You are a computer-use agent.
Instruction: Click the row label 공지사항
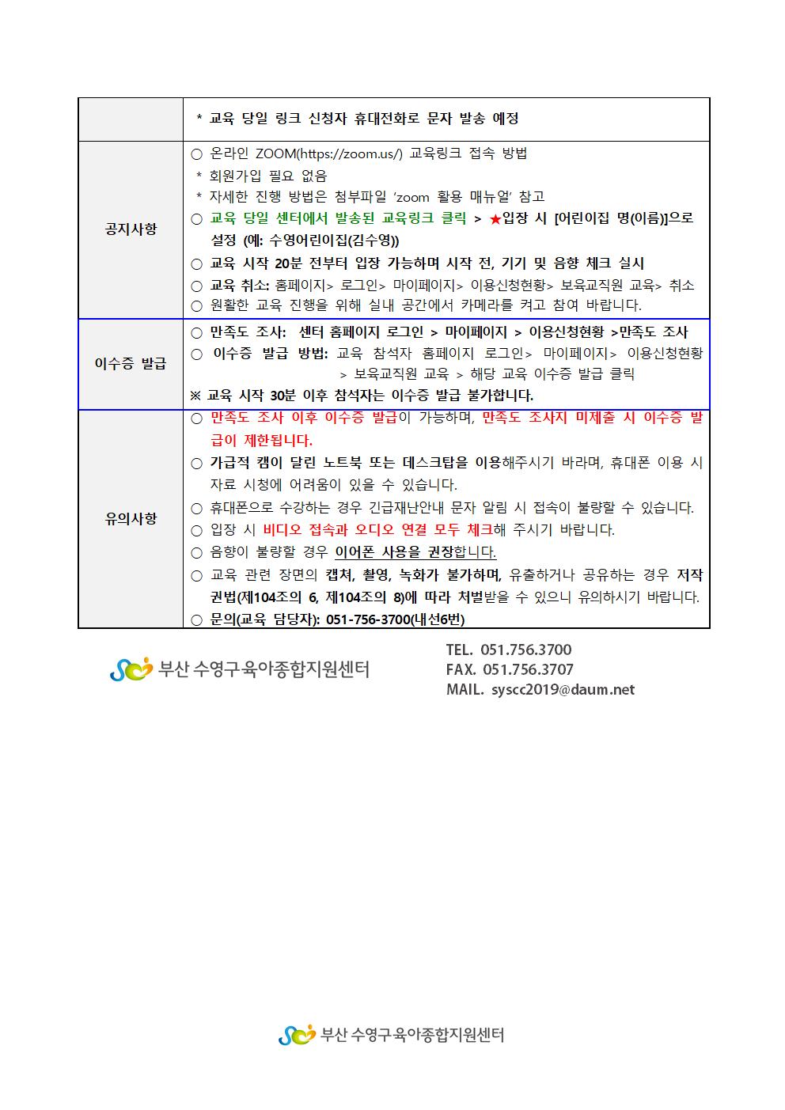[131, 229]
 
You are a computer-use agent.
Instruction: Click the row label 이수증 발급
[131, 364]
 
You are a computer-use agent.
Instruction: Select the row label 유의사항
[131, 519]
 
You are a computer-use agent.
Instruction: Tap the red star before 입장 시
[495, 219]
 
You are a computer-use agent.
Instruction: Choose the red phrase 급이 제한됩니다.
[262, 441]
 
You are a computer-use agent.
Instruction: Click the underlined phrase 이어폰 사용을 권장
[395, 552]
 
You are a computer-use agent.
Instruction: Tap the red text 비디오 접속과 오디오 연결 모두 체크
[377, 530]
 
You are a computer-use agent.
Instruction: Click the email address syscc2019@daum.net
[563, 690]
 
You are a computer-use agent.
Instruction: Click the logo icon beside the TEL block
[131, 670]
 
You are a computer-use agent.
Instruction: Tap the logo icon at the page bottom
[298, 1034]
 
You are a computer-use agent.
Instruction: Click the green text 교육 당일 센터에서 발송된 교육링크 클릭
[339, 219]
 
